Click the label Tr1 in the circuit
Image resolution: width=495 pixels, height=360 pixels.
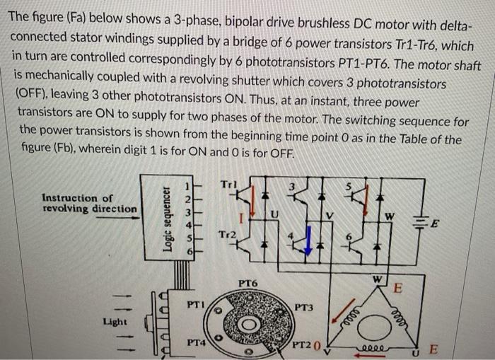click(228, 185)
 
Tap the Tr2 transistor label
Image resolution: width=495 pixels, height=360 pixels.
click(228, 235)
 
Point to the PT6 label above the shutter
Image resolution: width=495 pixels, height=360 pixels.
click(248, 283)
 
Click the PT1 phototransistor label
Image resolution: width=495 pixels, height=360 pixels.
click(197, 306)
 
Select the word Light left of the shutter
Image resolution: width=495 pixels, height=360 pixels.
click(115, 321)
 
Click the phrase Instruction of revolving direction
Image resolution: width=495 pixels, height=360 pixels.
click(88, 204)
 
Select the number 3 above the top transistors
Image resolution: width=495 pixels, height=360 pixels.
click(288, 185)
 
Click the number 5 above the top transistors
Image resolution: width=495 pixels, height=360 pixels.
click(347, 186)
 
